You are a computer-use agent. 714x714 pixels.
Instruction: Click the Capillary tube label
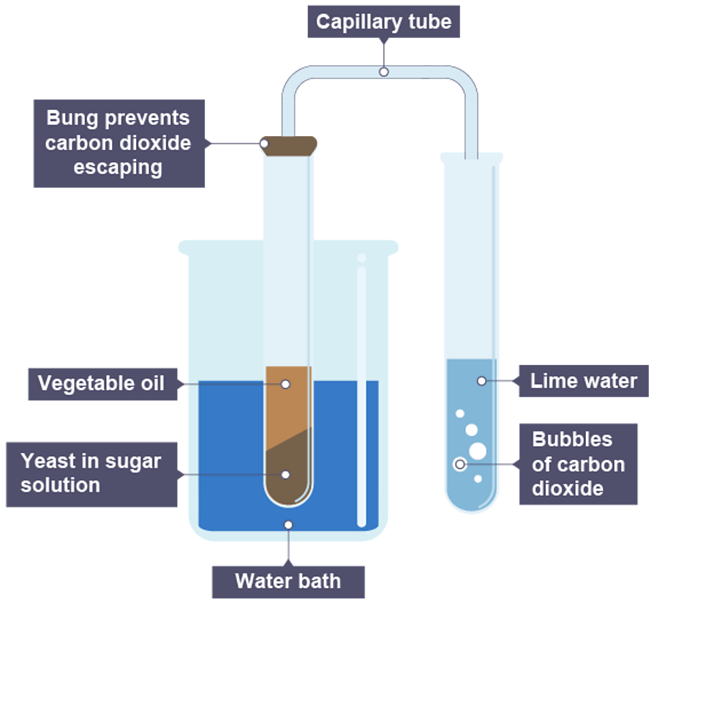click(x=383, y=22)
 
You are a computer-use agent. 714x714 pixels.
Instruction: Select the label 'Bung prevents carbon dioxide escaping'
click(x=118, y=143)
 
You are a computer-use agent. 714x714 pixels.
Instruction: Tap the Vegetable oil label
click(x=102, y=383)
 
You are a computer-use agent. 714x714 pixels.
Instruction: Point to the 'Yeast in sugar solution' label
click(x=91, y=473)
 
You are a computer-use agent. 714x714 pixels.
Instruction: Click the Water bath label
click(x=288, y=582)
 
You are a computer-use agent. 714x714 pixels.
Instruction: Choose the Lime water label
click(x=583, y=381)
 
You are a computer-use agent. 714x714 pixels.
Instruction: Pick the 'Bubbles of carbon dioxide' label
click(x=578, y=464)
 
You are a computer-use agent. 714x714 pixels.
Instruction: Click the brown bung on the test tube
click(x=290, y=144)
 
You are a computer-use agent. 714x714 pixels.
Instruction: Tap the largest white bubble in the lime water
click(x=478, y=451)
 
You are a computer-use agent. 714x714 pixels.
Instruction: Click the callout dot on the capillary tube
click(x=383, y=72)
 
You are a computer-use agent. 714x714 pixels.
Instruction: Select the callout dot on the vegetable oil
click(x=286, y=384)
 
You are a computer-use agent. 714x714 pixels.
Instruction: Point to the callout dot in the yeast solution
click(x=286, y=475)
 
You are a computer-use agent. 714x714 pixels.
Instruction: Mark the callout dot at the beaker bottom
click(x=288, y=525)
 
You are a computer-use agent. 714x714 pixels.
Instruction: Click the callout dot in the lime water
click(x=481, y=380)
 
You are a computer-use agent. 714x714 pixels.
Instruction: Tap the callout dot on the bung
click(x=265, y=144)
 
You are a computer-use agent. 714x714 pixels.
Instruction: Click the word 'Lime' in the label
click(x=552, y=381)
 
